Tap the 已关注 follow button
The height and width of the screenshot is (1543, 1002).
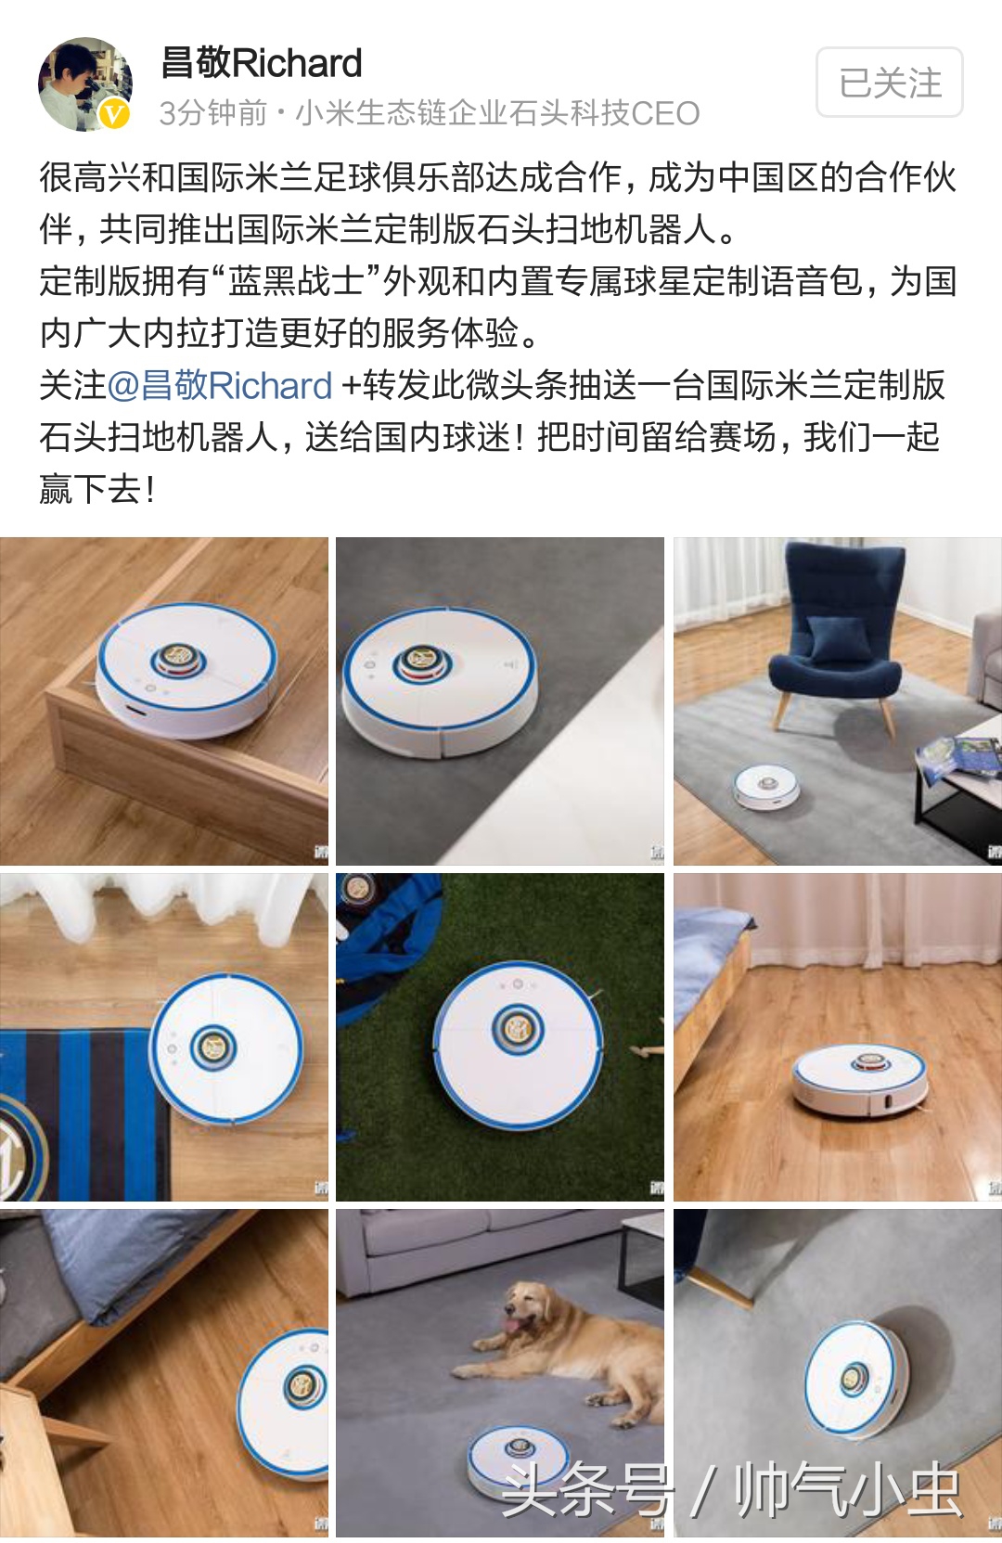point(889,83)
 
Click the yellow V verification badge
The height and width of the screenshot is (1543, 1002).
point(114,114)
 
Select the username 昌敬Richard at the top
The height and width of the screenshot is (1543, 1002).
point(261,63)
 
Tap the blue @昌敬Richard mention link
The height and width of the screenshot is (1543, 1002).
point(220,385)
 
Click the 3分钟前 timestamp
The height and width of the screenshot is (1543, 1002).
point(212,113)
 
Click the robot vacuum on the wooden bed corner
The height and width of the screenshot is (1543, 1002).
point(186,668)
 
